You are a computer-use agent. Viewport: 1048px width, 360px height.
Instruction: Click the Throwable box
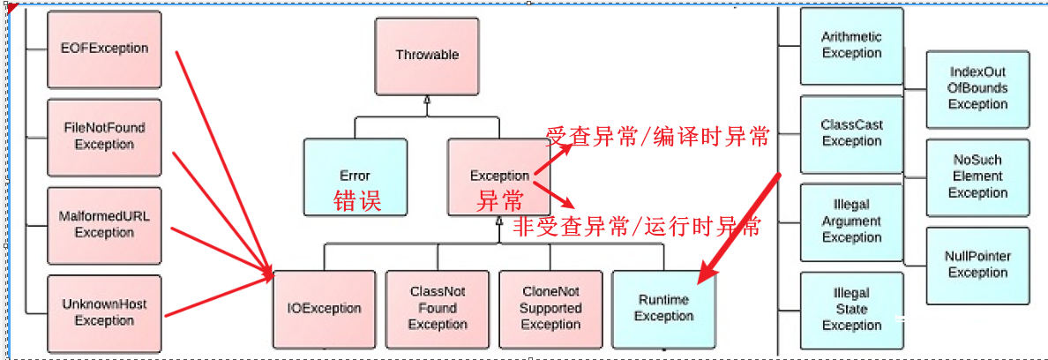(427, 55)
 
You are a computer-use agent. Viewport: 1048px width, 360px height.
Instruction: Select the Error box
(355, 176)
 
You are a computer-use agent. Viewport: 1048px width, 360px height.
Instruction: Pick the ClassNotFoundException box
(438, 308)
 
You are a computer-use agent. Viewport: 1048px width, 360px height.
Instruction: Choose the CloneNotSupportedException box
(550, 308)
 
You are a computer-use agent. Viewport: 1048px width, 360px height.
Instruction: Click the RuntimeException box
(663, 308)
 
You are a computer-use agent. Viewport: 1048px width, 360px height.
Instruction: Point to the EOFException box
(104, 49)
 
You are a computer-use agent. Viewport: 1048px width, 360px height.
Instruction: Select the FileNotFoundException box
(104, 136)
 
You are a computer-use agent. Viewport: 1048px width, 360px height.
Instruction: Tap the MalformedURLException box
(104, 225)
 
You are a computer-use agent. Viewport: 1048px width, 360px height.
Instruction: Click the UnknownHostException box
(104, 312)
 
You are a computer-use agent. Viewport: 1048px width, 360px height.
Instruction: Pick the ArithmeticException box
(851, 46)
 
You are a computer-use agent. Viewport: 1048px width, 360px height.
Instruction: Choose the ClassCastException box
(851, 133)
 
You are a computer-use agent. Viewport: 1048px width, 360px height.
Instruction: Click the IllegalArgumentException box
(851, 221)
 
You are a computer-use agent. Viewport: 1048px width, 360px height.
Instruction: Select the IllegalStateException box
(851, 309)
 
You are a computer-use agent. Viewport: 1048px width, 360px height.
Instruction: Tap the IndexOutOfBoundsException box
(977, 88)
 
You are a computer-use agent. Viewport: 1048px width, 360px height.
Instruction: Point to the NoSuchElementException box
(977, 176)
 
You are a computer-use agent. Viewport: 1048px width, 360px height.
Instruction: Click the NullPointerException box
(977, 265)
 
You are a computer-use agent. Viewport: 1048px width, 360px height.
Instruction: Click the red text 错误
(357, 201)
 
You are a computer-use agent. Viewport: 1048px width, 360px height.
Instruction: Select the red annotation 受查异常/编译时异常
(658, 137)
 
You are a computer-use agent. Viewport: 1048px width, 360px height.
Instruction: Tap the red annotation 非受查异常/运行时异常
(636, 227)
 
